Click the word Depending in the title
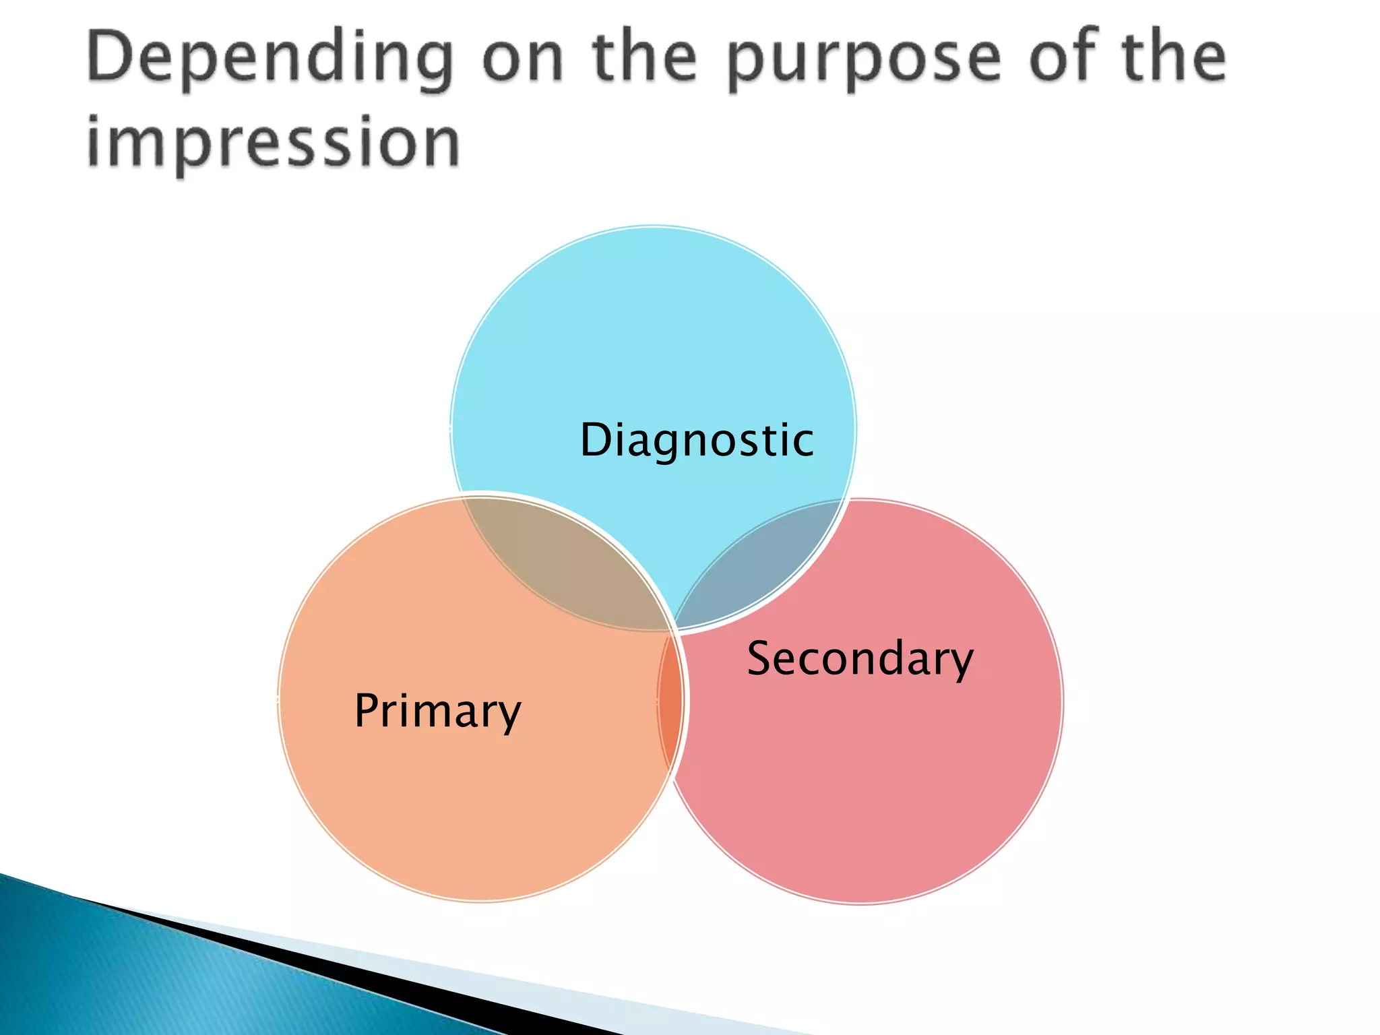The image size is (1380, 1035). click(270, 59)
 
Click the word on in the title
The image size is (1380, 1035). click(522, 59)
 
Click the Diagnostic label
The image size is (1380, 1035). click(697, 440)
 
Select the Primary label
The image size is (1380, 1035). click(437, 711)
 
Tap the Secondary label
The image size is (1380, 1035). click(860, 658)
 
